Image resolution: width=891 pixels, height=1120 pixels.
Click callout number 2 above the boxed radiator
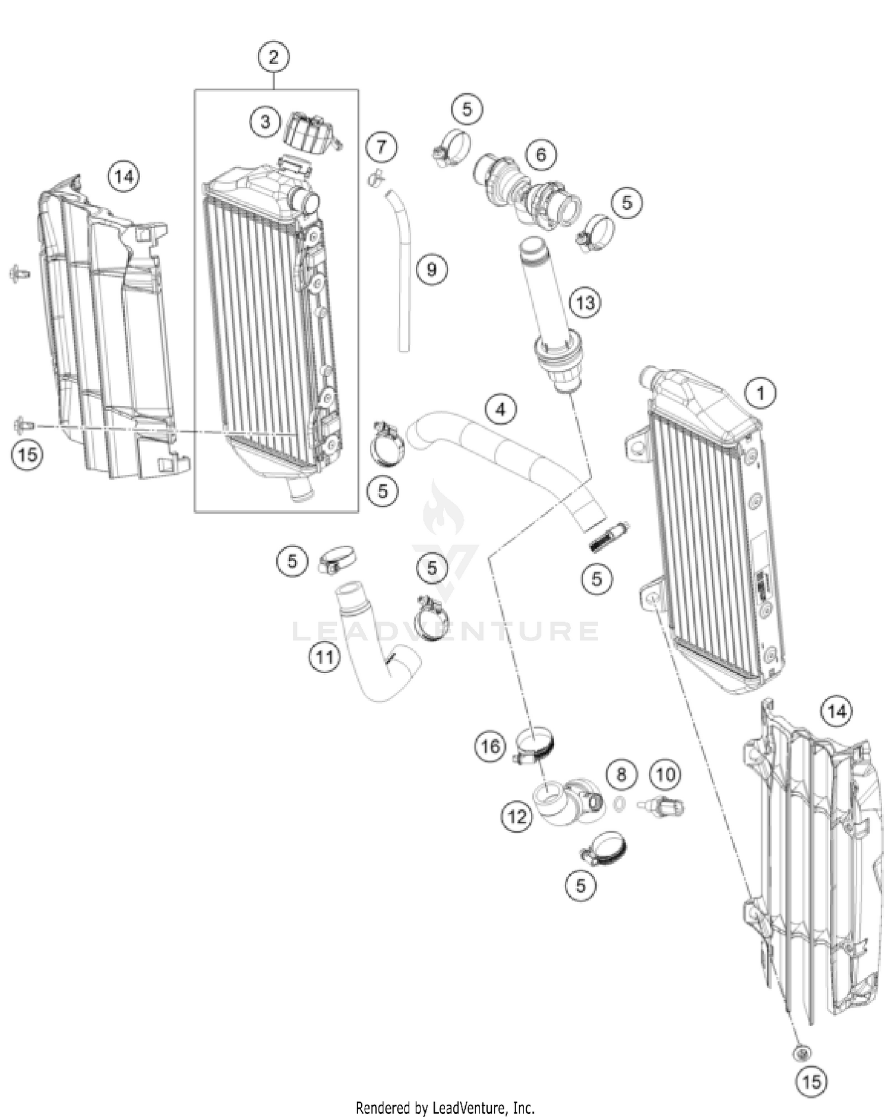(x=273, y=58)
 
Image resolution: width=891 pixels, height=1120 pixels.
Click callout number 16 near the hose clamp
(x=490, y=746)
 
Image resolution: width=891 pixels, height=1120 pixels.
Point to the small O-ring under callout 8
(x=619, y=804)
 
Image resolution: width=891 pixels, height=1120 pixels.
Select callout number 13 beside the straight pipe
(x=584, y=302)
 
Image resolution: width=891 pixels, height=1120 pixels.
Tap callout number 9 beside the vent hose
(x=431, y=269)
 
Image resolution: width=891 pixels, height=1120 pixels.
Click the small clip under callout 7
(x=375, y=176)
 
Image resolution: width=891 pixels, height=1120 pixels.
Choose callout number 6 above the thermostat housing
(x=541, y=155)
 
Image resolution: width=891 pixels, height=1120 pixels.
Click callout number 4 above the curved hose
(x=500, y=409)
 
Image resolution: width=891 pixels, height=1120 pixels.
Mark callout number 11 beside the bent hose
(x=324, y=657)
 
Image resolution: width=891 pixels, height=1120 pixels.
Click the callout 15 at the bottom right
(x=811, y=1081)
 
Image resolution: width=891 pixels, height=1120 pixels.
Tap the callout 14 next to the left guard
(x=124, y=176)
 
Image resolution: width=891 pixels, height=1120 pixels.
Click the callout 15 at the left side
(x=27, y=455)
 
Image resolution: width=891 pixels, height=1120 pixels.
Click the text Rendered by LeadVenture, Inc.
(x=445, y=1108)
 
